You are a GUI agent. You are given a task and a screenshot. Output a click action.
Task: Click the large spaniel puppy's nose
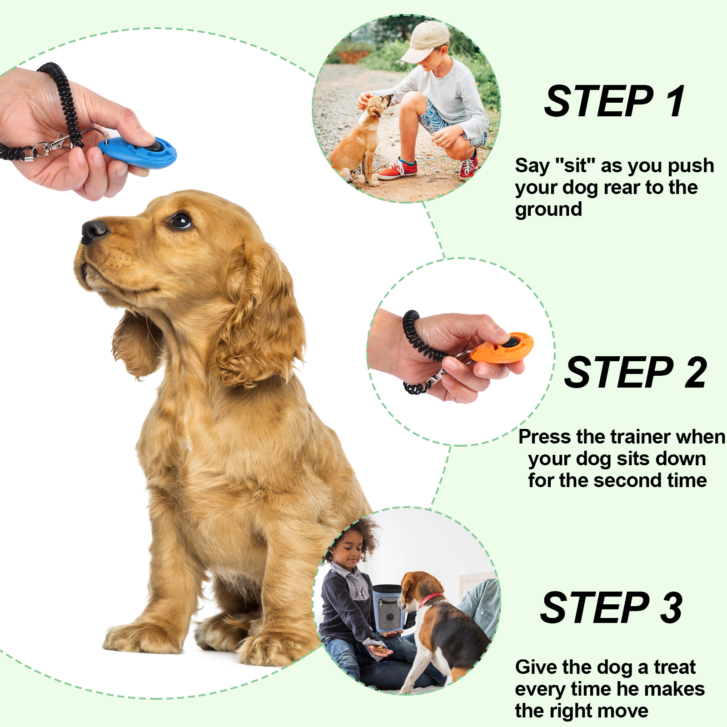[x=94, y=230]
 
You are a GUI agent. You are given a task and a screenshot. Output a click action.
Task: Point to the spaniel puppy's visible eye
[x=180, y=221]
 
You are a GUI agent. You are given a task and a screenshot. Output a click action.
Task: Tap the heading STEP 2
[x=635, y=373]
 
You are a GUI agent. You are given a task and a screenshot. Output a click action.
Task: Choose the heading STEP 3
[x=612, y=608]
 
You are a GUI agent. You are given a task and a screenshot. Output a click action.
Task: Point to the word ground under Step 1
[x=548, y=210]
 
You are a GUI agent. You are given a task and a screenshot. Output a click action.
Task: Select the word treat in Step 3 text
[x=675, y=667]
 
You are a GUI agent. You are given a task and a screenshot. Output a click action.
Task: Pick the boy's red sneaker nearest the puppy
[x=397, y=169]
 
